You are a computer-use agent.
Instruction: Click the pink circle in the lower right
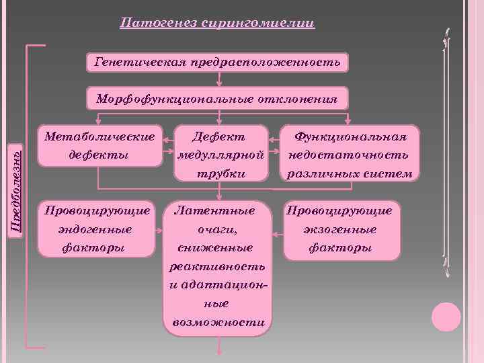(446, 317)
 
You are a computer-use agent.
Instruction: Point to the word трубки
(219, 173)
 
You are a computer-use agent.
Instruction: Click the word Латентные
(215, 211)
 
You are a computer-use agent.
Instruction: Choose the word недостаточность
(348, 155)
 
